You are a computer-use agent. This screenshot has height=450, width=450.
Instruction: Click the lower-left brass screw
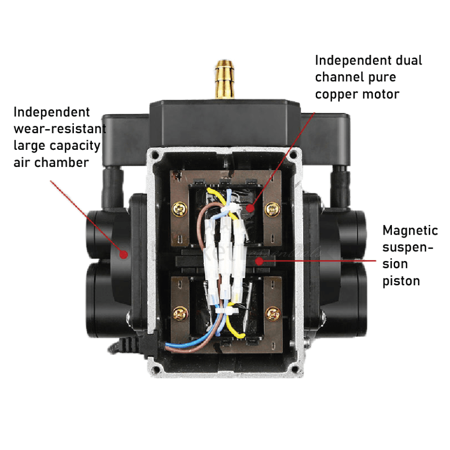click(179, 313)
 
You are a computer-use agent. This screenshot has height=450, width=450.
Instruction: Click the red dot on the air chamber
click(124, 254)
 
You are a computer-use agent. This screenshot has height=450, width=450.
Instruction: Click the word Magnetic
click(410, 230)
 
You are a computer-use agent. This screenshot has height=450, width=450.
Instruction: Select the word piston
click(401, 281)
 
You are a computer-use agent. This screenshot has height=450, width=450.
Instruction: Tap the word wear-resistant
click(59, 129)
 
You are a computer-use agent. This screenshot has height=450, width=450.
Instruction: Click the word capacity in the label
click(75, 145)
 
